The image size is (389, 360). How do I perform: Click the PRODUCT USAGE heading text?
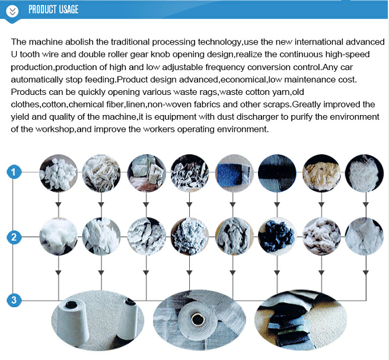pos(53,9)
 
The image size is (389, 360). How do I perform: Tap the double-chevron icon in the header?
pos(12,11)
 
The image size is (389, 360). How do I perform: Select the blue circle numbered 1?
pos(14,172)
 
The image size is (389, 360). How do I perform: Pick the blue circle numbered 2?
pos(14,237)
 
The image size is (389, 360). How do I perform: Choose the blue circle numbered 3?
pos(14,300)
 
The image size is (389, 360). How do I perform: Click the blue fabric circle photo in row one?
pos(234,173)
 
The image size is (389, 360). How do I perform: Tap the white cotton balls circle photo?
pos(59,173)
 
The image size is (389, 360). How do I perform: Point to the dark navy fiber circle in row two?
pos(277,236)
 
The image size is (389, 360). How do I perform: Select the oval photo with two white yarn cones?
pos(97,320)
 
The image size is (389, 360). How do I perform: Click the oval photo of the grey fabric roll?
pos(199,320)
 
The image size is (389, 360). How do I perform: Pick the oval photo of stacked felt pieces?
pos(301,320)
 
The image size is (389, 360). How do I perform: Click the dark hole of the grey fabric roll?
pos(197,319)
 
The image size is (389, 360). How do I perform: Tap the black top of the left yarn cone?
pos(71,304)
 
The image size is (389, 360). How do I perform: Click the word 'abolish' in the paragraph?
pos(79,42)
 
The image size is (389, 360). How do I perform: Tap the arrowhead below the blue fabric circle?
pos(232,205)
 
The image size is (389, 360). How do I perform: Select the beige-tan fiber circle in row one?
pos(321,173)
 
